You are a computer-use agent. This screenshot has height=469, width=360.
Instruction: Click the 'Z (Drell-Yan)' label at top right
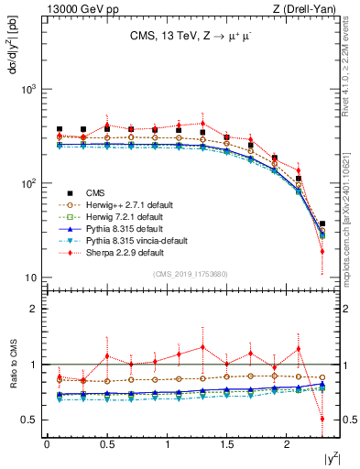tap(307, 8)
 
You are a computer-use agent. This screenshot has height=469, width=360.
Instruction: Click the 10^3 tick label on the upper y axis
tap(27, 89)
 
